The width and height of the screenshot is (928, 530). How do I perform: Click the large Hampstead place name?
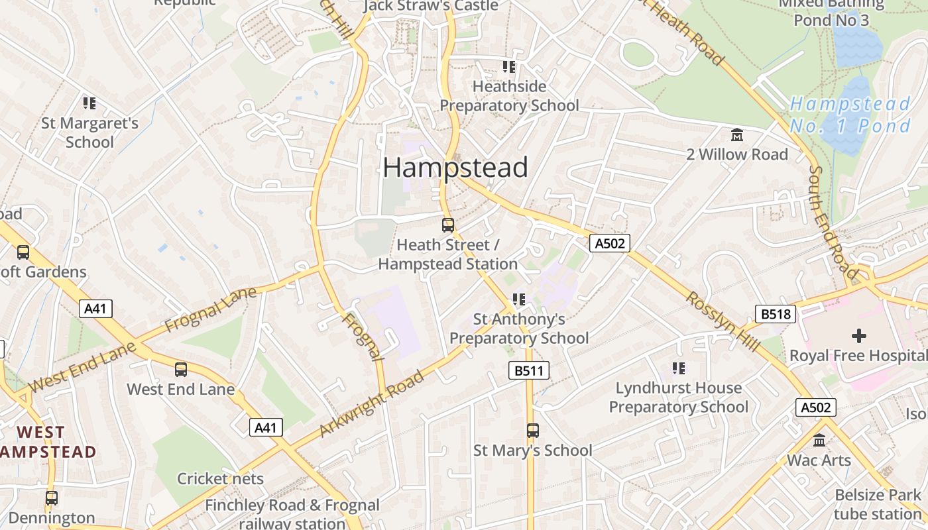click(455, 168)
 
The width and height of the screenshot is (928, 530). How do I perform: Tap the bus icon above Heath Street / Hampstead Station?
click(448, 225)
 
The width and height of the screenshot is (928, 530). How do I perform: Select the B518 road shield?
click(775, 313)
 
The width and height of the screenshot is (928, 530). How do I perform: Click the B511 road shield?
click(529, 370)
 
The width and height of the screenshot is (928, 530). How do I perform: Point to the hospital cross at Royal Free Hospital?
click(858, 336)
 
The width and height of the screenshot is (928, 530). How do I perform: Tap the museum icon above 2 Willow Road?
click(736, 135)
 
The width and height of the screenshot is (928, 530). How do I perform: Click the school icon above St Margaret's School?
click(89, 103)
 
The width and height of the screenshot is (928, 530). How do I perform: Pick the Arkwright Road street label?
click(371, 404)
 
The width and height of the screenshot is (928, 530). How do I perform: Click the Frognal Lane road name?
click(210, 309)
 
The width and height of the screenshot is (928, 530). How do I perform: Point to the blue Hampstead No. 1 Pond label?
click(851, 115)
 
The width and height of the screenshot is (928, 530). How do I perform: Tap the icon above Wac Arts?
click(819, 441)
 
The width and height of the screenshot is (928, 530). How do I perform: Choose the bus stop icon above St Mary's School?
click(533, 431)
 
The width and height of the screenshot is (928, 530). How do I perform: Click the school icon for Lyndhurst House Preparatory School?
click(678, 368)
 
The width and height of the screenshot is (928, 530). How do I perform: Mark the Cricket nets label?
click(220, 478)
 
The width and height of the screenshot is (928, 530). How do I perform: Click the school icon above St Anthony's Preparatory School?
click(519, 300)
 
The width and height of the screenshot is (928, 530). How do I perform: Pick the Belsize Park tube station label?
click(878, 504)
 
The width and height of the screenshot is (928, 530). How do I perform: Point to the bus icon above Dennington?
click(52, 498)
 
